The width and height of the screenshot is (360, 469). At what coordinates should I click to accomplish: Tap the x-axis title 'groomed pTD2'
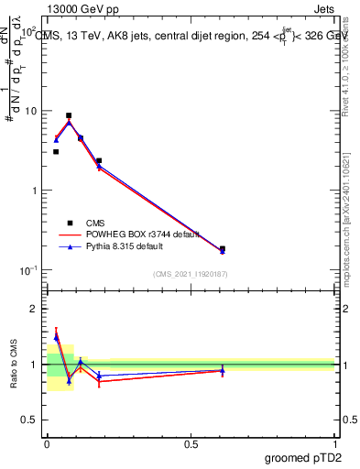(303, 457)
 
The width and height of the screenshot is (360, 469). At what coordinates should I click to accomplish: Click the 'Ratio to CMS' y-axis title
(14, 364)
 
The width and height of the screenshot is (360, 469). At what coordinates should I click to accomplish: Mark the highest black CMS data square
(69, 116)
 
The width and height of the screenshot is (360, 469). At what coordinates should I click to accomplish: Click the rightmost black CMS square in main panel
(223, 248)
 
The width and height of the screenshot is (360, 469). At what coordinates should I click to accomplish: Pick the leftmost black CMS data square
(56, 152)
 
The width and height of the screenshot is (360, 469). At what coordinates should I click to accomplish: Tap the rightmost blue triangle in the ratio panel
(223, 370)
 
